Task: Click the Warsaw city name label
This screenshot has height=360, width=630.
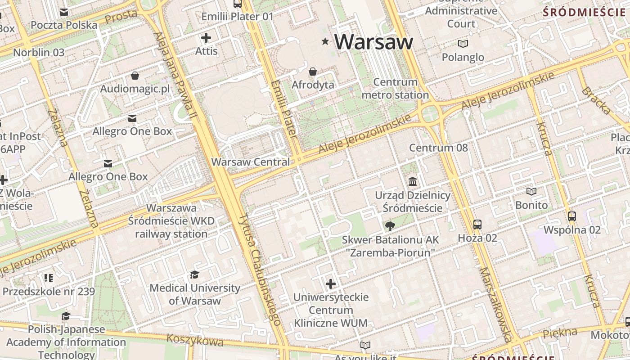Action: coord(373,41)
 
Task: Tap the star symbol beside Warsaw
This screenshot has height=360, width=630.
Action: coord(325,41)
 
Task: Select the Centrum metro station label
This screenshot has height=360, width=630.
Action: coord(395,89)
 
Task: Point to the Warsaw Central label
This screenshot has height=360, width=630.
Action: coord(251,162)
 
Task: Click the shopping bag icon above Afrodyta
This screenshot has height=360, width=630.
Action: coord(313,72)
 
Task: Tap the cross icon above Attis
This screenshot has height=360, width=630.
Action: coord(206,38)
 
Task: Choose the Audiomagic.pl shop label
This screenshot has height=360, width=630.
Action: coord(135,89)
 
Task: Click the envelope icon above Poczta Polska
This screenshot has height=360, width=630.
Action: coord(64,12)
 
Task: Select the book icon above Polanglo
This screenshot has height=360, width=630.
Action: coord(463,44)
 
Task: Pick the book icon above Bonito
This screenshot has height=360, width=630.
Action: coord(531,192)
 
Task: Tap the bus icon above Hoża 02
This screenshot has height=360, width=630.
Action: coord(477,224)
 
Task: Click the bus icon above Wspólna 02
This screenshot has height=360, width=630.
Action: coord(572,216)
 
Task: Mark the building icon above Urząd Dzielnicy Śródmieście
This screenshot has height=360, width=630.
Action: coord(413,182)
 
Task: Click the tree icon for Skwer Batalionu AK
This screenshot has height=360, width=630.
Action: coord(390,226)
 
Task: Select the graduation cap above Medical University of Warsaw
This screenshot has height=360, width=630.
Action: coord(194,274)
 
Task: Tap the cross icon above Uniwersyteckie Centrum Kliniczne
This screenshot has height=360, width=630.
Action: coord(331,284)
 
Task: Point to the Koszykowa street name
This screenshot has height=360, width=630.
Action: coord(195,340)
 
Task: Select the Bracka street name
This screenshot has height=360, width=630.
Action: coord(596,100)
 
